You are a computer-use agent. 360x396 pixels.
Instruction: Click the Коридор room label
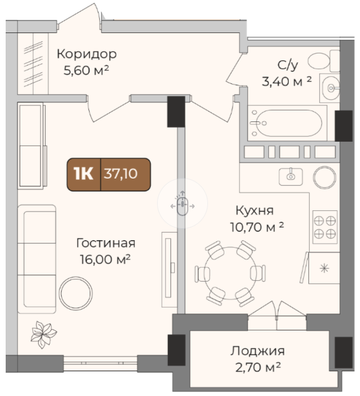tap(87, 54)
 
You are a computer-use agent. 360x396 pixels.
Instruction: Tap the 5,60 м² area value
tap(86, 71)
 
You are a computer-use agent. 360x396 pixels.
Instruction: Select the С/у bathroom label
tap(287, 65)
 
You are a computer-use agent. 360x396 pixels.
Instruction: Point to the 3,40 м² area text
tap(286, 81)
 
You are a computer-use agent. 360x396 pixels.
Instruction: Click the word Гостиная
tap(106, 243)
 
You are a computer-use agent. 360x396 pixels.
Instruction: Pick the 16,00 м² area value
tap(105, 259)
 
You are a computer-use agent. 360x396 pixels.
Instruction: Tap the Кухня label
tap(254, 210)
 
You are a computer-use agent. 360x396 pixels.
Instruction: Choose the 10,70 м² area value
tap(257, 227)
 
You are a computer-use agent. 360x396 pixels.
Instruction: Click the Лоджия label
tap(258, 351)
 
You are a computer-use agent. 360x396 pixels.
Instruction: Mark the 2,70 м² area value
tap(258, 367)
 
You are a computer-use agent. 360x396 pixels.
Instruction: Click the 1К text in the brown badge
tap(83, 174)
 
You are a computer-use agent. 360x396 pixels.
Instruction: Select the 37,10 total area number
tap(120, 174)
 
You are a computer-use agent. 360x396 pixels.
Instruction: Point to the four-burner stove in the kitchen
tap(325, 227)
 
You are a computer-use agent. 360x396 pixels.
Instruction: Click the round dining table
tap(230, 273)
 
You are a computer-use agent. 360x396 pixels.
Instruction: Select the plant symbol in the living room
tap(43, 334)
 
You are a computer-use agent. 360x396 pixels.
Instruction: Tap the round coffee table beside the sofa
tap(76, 294)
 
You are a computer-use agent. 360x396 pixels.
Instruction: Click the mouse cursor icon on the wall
tap(183, 203)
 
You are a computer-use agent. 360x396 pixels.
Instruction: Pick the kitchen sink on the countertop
tap(291, 177)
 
